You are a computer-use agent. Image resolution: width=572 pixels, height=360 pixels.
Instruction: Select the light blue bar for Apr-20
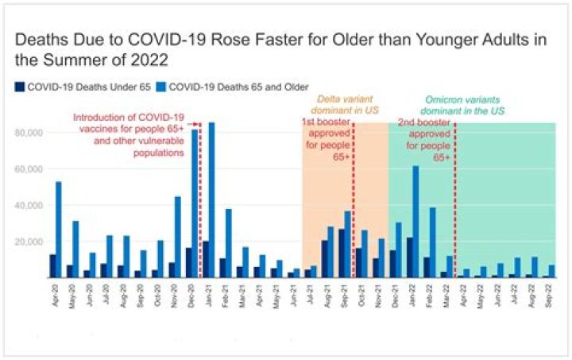58,230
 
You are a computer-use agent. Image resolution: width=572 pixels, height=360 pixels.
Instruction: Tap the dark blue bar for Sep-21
342,253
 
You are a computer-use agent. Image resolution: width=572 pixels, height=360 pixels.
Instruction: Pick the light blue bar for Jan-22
415,222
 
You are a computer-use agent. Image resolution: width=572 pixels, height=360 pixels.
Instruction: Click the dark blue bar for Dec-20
188,262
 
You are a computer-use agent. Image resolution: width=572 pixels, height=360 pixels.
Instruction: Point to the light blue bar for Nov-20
179,237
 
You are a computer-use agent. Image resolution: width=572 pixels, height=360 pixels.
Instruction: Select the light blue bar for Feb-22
433,242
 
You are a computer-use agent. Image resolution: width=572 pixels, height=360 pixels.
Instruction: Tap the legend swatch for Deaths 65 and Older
164,87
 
